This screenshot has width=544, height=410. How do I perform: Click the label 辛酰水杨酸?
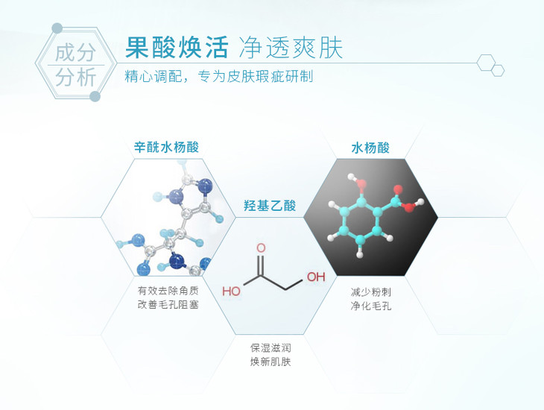[166, 147]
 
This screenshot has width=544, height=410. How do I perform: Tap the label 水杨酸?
[370, 147]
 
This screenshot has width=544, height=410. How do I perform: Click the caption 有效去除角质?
[168, 291]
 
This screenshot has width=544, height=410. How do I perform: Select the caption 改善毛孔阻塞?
[168, 306]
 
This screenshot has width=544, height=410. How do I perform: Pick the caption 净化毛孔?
[370, 306]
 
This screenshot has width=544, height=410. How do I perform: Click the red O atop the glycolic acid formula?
[261, 247]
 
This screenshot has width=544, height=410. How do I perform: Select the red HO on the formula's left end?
[231, 291]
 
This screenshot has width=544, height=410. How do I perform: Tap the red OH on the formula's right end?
[317, 277]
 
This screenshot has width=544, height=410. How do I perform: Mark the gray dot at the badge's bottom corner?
[95, 96]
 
